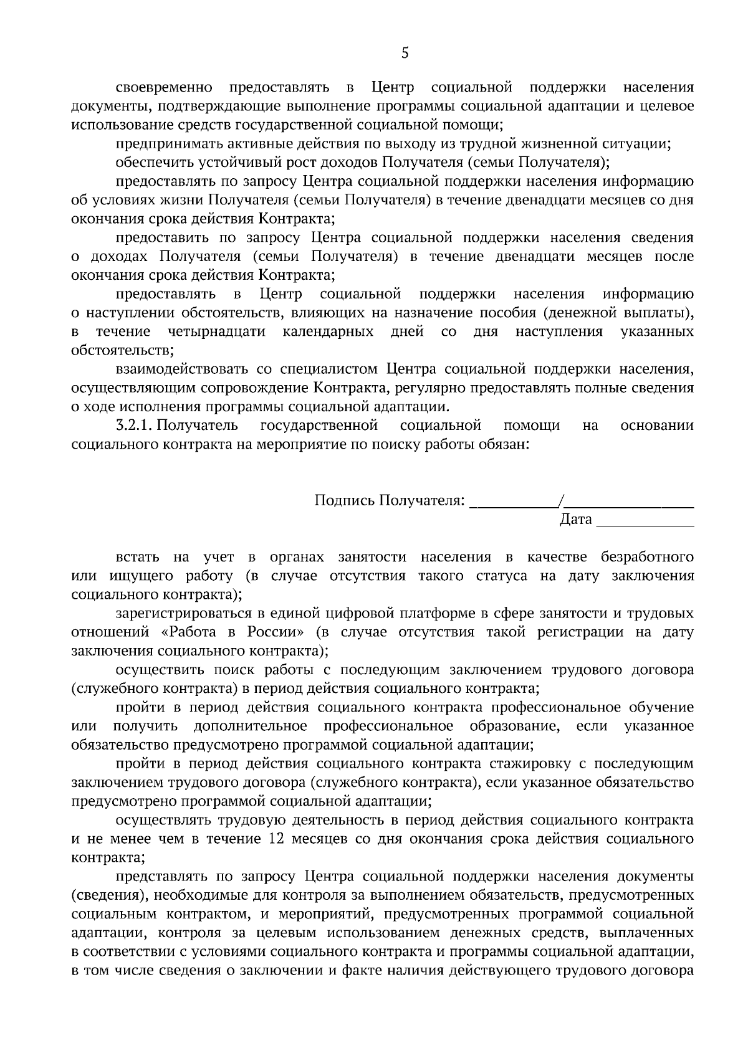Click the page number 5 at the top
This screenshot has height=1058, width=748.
(x=405, y=54)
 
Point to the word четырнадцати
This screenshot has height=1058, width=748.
(x=216, y=331)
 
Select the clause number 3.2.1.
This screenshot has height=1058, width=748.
(x=134, y=426)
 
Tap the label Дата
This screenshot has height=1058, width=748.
(x=576, y=519)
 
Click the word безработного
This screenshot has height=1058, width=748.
(x=648, y=557)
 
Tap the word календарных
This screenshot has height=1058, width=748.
(x=328, y=331)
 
